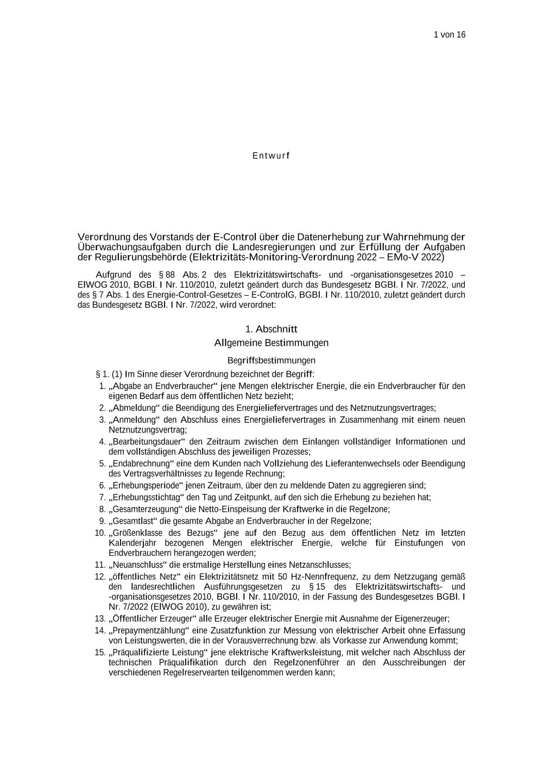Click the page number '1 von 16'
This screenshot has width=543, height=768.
pos(450,35)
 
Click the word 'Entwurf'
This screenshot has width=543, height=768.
pos(271,156)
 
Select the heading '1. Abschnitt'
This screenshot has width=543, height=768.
pos(271,329)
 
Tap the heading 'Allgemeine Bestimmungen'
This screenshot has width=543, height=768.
pos(271,343)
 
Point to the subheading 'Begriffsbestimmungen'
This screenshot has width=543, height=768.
pos(271,360)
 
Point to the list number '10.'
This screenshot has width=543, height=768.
pos(100,533)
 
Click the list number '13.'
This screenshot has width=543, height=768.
pos(100,619)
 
